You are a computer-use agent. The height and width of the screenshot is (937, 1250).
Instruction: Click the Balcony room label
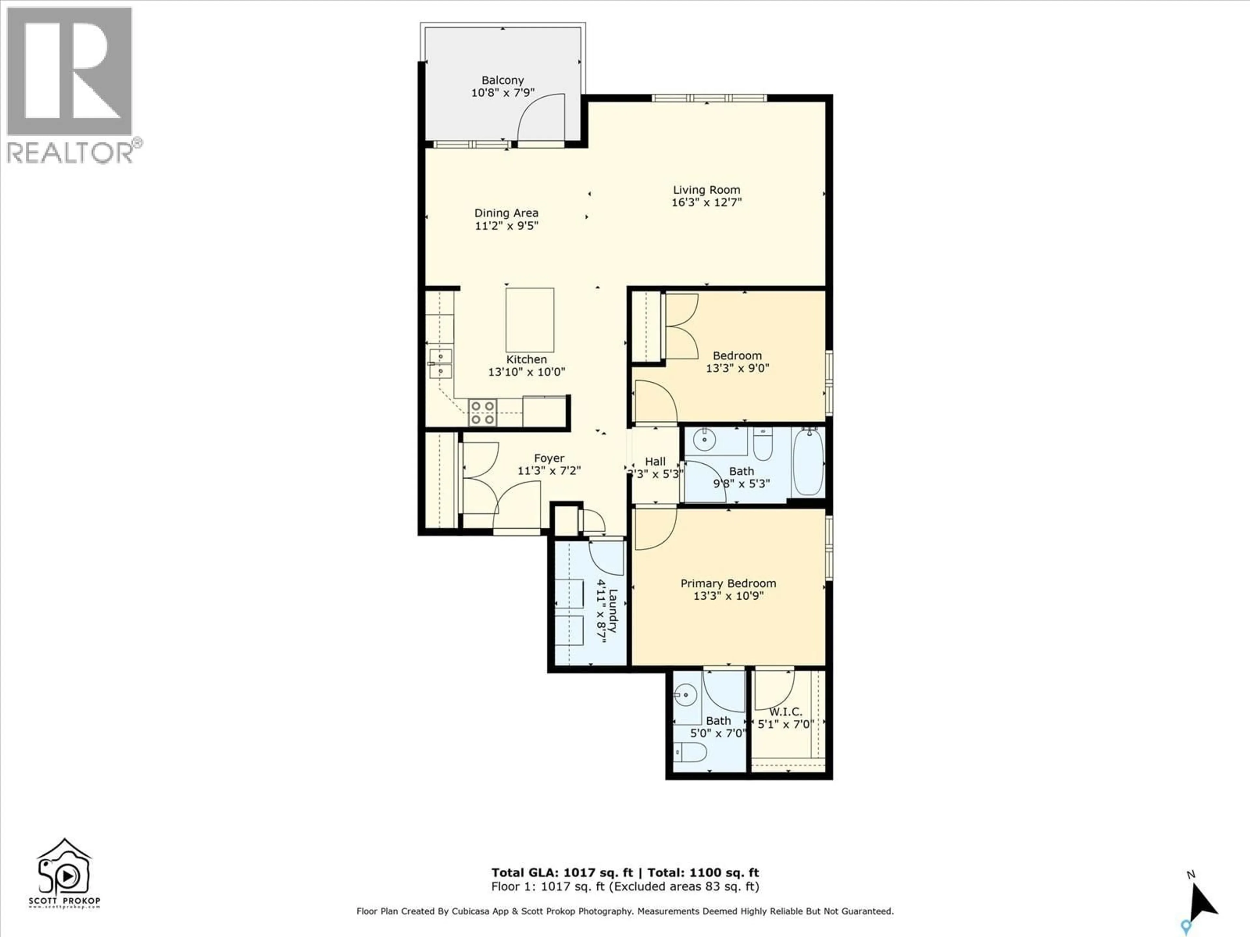502,80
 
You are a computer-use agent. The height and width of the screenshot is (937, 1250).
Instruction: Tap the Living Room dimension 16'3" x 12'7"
706,202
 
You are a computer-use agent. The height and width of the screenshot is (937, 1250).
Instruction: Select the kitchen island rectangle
530,320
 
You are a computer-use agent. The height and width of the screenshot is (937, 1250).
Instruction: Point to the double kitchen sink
440,364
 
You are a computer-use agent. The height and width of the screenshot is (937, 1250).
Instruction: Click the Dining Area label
506,213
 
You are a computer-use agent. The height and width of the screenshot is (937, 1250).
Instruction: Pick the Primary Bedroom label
728,583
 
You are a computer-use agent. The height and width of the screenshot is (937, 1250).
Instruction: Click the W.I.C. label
785,712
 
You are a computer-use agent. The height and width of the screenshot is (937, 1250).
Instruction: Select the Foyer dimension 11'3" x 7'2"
549,470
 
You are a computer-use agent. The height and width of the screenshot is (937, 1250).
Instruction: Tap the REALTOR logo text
71,153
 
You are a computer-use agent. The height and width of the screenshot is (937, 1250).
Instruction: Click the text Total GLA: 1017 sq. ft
562,873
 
